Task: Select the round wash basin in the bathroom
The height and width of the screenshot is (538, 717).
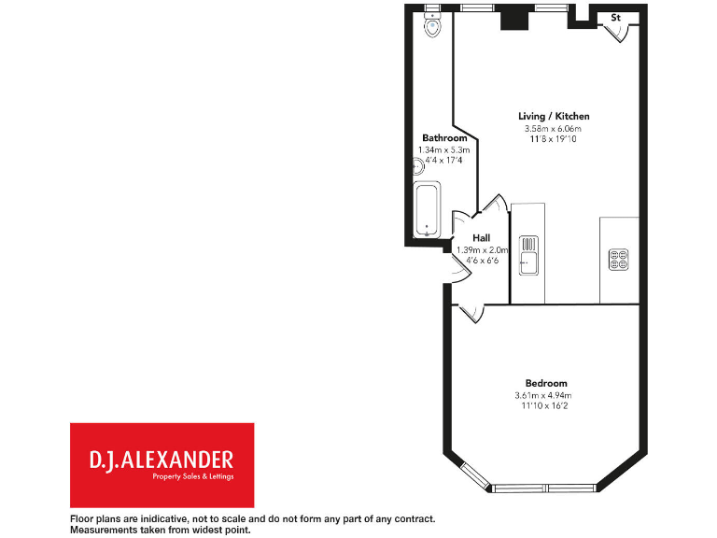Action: (x=419, y=167)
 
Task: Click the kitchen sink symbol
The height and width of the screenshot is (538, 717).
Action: (x=527, y=253)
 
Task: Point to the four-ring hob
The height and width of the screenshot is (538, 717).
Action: (x=618, y=258)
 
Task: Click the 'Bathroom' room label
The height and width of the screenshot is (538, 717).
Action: (x=444, y=138)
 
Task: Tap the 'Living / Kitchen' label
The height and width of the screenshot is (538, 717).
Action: (x=554, y=116)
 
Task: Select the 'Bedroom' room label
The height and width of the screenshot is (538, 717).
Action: (x=546, y=383)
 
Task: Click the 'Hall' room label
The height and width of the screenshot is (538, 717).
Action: (x=482, y=238)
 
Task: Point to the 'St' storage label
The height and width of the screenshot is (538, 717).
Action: (x=616, y=17)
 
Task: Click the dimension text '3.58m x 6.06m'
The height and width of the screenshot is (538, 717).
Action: (x=553, y=128)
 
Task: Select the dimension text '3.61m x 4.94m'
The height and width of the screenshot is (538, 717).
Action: (x=546, y=395)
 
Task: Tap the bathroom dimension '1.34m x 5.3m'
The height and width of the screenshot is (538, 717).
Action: (x=443, y=149)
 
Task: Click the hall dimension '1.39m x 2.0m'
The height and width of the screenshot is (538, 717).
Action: (x=482, y=249)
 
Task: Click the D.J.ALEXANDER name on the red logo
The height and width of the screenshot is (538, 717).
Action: (x=161, y=460)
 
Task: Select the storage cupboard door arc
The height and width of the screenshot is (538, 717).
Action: (x=620, y=34)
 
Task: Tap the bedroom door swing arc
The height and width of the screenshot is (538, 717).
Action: (x=471, y=315)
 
